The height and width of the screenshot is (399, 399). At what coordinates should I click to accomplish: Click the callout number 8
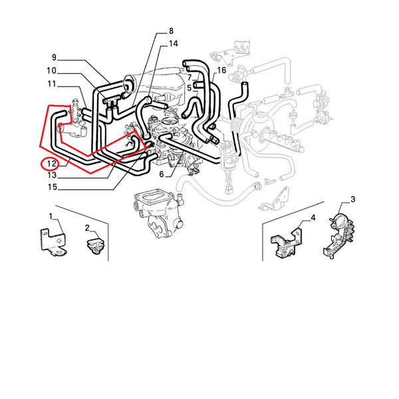tap(171, 31)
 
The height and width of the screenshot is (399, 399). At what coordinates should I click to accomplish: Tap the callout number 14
tap(174, 44)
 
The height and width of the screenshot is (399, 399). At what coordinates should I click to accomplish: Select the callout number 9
tap(54, 57)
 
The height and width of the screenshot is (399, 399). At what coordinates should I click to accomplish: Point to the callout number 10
tap(51, 70)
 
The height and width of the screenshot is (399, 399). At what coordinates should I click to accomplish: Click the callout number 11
tap(52, 84)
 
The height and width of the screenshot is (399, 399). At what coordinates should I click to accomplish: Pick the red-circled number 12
tap(51, 164)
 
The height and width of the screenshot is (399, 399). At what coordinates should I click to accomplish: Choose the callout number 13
tap(52, 175)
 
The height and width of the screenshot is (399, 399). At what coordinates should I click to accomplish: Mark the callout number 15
tap(53, 187)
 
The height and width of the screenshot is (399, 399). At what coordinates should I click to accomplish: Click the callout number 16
tap(221, 70)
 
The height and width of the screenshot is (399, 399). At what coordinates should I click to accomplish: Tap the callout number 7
tap(190, 78)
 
